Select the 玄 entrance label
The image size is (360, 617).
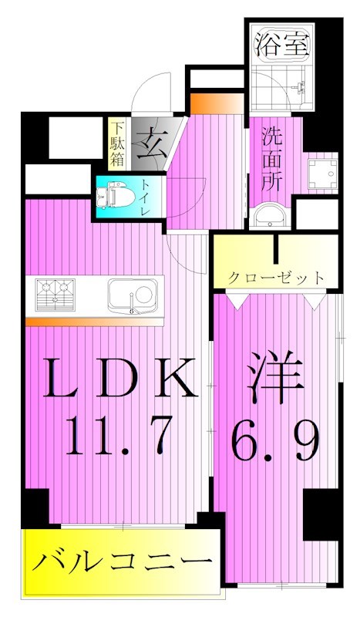click(150, 144)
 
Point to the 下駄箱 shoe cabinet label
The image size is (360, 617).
click(116, 143)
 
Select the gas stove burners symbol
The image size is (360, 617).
click(57, 295)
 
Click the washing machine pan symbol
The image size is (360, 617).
click(321, 175)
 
